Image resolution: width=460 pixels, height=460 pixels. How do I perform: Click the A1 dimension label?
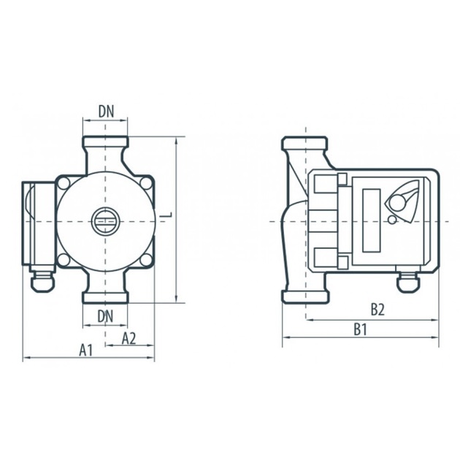point(85,350)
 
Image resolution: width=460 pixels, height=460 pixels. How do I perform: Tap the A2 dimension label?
point(129,338)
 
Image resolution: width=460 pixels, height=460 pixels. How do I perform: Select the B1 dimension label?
point(360,330)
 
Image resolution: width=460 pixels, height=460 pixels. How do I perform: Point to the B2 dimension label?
point(377,310)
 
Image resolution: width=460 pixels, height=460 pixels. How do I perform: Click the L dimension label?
point(167,215)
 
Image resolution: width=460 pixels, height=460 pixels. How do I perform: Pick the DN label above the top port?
point(106,112)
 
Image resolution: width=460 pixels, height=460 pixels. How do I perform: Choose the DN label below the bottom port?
point(105,317)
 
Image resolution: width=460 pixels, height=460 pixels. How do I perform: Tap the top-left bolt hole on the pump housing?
point(64,183)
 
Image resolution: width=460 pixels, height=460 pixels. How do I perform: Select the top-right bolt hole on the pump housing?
point(146,183)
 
